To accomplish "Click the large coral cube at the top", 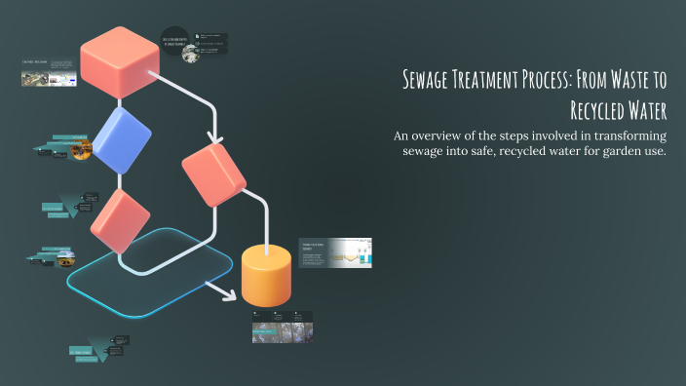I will (x=119, y=60).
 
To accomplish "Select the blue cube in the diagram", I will (x=121, y=141).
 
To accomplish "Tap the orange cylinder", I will (x=266, y=275).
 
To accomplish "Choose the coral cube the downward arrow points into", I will (x=213, y=173).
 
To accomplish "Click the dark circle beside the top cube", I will (x=174, y=43).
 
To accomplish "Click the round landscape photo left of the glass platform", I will (x=64, y=260).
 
